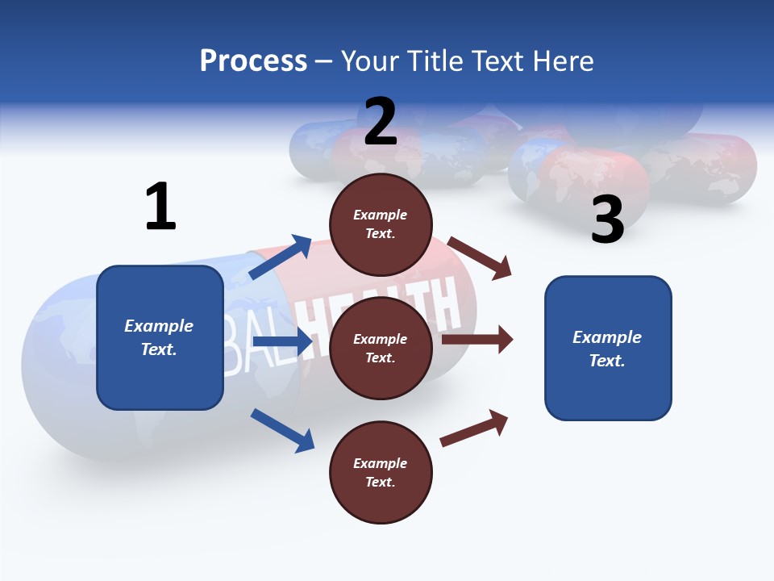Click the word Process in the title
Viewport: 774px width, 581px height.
(253, 61)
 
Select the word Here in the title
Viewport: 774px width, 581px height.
(562, 61)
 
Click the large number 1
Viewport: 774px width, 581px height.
(160, 207)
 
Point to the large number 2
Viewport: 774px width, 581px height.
(381, 122)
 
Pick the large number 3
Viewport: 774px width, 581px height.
(607, 219)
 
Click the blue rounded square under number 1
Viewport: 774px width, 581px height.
(160, 337)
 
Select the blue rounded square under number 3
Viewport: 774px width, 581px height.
(608, 349)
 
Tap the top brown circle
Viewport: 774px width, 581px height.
(381, 224)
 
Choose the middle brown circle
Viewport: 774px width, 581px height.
(381, 348)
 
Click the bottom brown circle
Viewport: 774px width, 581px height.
(381, 472)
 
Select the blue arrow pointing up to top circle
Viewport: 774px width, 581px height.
(281, 257)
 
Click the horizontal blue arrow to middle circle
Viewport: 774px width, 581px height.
(282, 342)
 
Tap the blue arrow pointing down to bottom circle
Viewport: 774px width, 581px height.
(282, 429)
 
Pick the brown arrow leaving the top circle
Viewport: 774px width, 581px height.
(480, 257)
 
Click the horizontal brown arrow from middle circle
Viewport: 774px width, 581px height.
(477, 340)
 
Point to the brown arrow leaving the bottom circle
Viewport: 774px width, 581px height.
(474, 428)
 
